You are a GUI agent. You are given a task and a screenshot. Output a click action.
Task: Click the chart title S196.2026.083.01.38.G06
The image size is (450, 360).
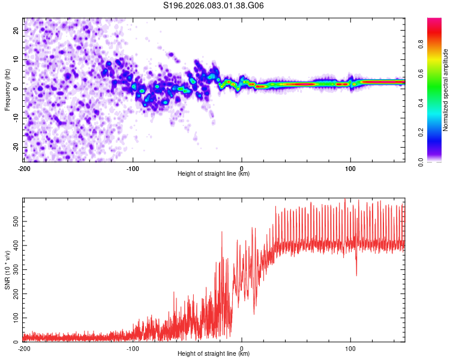[x=214, y=6]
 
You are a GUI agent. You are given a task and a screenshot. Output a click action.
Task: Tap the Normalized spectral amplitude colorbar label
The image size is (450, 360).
[x=445, y=90]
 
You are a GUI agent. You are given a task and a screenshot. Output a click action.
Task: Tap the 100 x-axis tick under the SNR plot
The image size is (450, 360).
[x=350, y=347]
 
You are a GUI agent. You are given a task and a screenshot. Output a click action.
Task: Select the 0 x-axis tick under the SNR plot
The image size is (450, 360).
[x=242, y=347]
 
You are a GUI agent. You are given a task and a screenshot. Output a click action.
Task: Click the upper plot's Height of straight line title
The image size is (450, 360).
[x=214, y=174]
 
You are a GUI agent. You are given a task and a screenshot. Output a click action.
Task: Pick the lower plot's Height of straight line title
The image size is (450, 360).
[x=214, y=354]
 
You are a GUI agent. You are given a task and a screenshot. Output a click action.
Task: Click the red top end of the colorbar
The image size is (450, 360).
[x=435, y=20]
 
